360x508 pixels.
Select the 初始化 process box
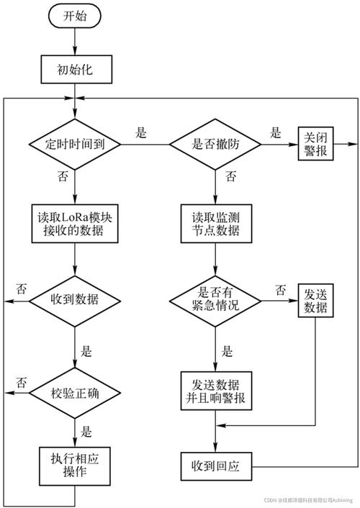coord(75,70)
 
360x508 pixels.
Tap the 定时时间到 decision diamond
coord(75,143)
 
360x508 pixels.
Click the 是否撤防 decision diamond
coord(216,143)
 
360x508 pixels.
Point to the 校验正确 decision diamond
coord(75,393)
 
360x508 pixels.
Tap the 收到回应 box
coord(216,466)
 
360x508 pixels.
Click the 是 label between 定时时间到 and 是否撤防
coord(141,132)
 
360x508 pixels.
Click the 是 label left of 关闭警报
coord(275,132)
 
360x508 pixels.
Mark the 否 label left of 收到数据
coord(22,289)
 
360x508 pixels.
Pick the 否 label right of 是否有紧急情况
coord(280,289)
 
